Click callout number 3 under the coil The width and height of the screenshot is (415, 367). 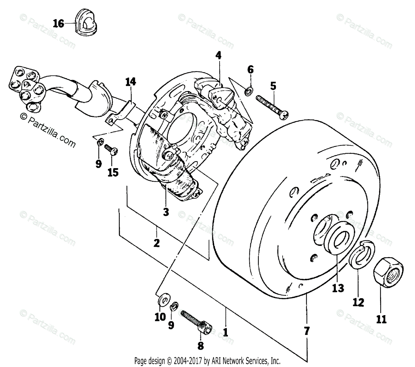(166, 212)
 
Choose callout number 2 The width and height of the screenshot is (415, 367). (156, 243)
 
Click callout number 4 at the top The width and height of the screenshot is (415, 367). (218, 55)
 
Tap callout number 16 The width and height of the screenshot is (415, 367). (58, 24)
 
